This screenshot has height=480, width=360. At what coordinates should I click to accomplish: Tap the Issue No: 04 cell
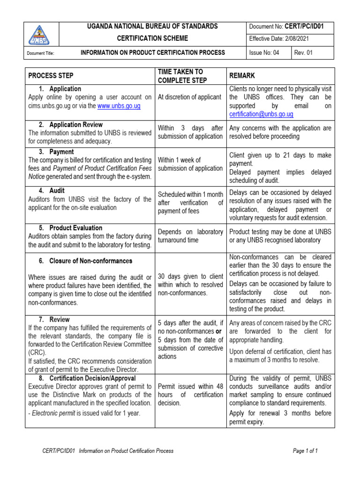pyautogui.click(x=264, y=53)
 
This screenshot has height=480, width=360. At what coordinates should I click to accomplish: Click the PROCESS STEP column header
pyautogui.click(x=51, y=76)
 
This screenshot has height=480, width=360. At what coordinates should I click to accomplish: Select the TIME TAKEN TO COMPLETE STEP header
pyautogui.click(x=180, y=76)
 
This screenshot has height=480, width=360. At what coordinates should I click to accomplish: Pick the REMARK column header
pyautogui.click(x=242, y=76)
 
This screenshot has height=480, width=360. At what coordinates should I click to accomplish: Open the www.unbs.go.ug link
pyautogui.click(x=119, y=106)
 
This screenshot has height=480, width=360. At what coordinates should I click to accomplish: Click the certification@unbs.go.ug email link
pyautogui.click(x=261, y=114)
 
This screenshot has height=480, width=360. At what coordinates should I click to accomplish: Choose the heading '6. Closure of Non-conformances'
pyautogui.click(x=85, y=261)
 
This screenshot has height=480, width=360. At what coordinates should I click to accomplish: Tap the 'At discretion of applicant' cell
pyautogui.click(x=189, y=97)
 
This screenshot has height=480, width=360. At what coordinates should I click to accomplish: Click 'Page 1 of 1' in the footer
pyautogui.click(x=306, y=451)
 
